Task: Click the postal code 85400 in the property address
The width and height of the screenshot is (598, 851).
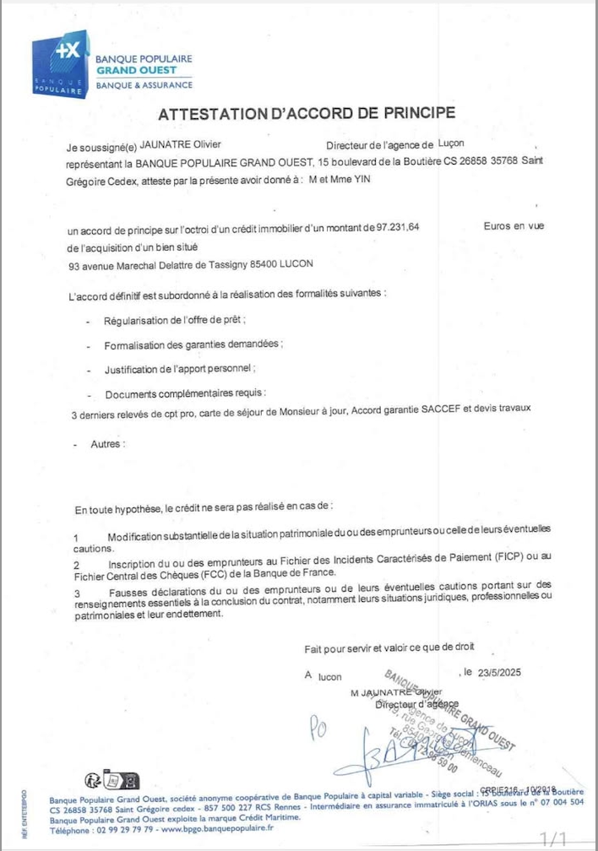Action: click(268, 264)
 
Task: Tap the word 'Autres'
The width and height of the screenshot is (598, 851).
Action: click(106, 444)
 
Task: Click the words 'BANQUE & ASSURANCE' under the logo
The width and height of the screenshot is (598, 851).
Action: click(144, 85)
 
